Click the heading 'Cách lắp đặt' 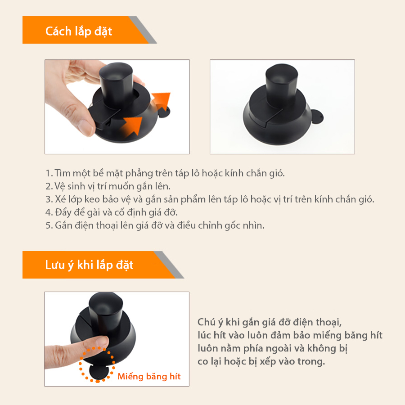click(x=78, y=31)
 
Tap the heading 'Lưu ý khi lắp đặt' click(x=89, y=265)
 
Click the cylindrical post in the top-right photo click(x=282, y=85)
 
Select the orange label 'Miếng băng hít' click(x=149, y=376)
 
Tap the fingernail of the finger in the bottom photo click(x=103, y=342)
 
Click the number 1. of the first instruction click(x=49, y=173)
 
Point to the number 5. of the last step click(x=49, y=225)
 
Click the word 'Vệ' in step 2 click(x=59, y=186)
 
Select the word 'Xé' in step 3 click(x=60, y=199)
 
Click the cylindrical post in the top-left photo click(x=116, y=82)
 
